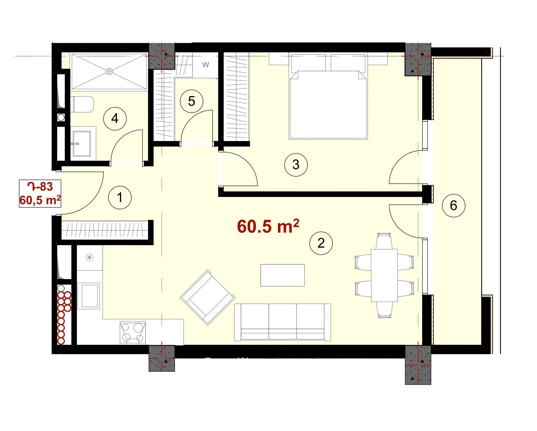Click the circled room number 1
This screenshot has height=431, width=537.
pyautogui.click(x=120, y=198)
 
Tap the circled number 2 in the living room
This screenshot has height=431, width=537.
pyautogui.click(x=321, y=243)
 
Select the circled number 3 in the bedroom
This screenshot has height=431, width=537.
pyautogui.click(x=296, y=164)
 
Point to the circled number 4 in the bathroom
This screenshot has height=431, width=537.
pyautogui.click(x=115, y=119)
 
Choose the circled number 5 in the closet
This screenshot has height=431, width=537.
pyautogui.click(x=191, y=101)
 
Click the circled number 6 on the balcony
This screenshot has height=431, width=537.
pyautogui.click(x=454, y=206)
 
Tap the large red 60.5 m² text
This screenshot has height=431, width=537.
pyautogui.click(x=268, y=226)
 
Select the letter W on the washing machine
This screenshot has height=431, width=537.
pyautogui.click(x=206, y=65)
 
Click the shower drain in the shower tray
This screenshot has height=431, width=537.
pyautogui.click(x=109, y=72)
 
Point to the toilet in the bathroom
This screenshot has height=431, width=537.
pyautogui.click(x=83, y=104)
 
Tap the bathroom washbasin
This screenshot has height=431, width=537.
pyautogui.click(x=82, y=144)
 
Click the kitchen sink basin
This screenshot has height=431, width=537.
pyautogui.click(x=89, y=296)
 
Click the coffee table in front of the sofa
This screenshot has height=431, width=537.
pyautogui.click(x=282, y=275)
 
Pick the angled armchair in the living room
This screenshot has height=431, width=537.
pyautogui.click(x=208, y=297)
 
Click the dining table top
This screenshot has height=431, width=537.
pyautogui.click(x=384, y=275)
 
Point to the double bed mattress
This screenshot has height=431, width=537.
pyautogui.click(x=328, y=105)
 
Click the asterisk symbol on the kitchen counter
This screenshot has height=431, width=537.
pyautogui.click(x=89, y=258)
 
